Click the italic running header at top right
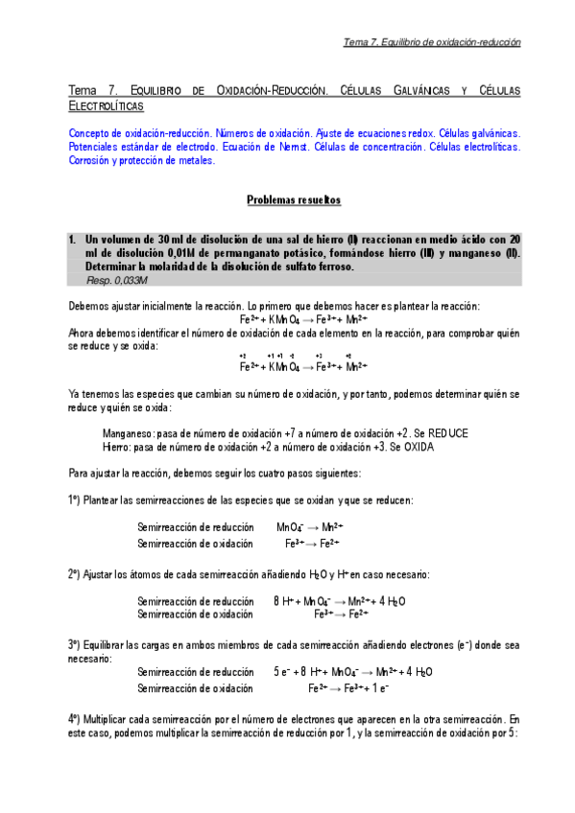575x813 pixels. coord(432,42)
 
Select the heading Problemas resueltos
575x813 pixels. coord(287,200)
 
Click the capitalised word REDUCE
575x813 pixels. coord(443,432)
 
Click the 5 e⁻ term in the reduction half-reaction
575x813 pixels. coord(282,671)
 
